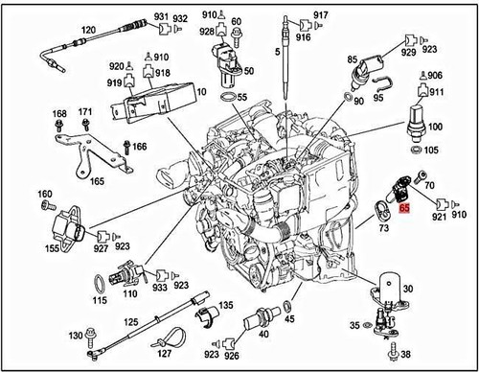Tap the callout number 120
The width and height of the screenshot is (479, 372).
[x=88, y=31]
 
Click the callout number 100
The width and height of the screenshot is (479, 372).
[x=434, y=128]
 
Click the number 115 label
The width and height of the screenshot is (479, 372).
[x=101, y=302]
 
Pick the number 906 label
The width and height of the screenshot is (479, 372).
[x=434, y=76]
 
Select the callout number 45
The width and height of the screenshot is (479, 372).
[x=290, y=319]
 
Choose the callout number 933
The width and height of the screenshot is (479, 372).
[x=158, y=287]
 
